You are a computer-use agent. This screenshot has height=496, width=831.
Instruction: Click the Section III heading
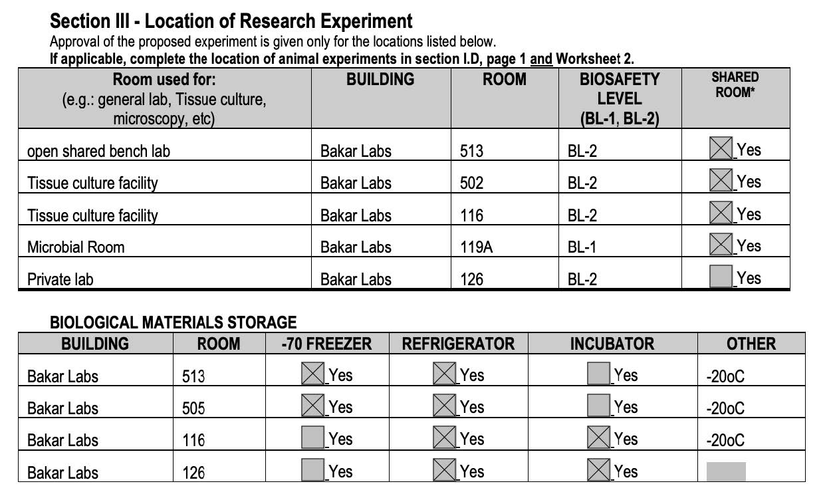(x=231, y=21)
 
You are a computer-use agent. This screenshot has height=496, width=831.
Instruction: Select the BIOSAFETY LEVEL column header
(x=619, y=98)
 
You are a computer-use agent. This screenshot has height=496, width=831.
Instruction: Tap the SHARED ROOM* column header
(x=735, y=85)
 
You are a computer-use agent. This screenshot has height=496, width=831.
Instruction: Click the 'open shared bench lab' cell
(x=98, y=152)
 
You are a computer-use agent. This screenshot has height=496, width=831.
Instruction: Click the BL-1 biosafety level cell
(x=582, y=247)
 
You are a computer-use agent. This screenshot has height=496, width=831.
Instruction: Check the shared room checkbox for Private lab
(x=721, y=277)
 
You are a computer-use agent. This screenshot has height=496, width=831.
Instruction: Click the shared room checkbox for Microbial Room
(x=721, y=245)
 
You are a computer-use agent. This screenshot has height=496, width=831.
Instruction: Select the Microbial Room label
(x=76, y=247)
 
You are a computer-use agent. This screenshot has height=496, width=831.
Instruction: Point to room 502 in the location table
(x=471, y=183)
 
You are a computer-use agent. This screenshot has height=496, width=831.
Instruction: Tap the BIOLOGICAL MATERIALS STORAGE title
(x=173, y=323)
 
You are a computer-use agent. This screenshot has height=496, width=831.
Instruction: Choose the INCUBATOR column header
(x=612, y=344)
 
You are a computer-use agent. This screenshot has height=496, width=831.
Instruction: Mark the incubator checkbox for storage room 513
(x=599, y=374)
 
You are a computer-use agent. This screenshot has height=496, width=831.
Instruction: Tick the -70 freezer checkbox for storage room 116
(x=312, y=438)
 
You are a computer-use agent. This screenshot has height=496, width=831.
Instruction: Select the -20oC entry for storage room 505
(x=725, y=408)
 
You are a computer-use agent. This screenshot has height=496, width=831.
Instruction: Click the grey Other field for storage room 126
(x=725, y=471)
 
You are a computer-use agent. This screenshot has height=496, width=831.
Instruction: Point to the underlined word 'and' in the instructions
(x=541, y=59)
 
